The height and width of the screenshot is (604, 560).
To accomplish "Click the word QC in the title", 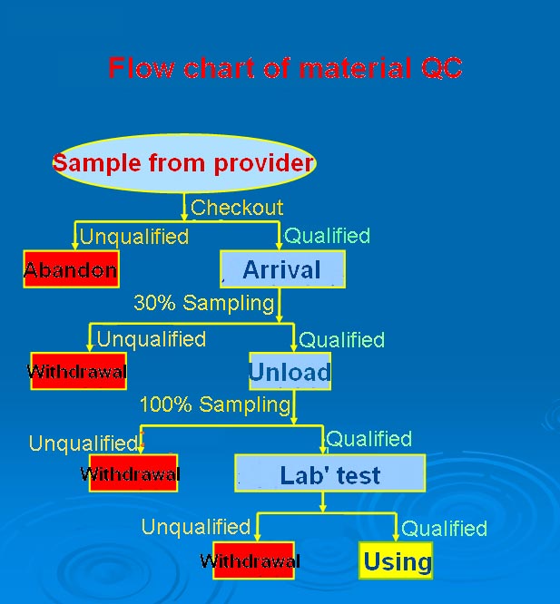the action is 441,68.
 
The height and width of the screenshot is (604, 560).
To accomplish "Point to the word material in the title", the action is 355,68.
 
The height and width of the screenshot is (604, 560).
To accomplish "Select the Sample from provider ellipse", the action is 184,163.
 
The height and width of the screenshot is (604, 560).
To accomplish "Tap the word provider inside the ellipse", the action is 263,164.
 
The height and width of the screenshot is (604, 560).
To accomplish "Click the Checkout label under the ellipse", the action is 237,208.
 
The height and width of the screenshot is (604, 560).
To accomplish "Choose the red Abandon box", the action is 72,269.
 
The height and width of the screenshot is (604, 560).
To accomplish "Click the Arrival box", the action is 282,269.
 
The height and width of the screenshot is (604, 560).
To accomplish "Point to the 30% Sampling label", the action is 204,303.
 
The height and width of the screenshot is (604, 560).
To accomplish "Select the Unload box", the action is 290,371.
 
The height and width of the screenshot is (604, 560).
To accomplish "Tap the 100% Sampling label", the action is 215,404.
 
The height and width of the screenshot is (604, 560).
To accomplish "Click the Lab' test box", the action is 329,473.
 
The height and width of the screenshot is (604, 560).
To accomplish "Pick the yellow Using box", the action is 396,560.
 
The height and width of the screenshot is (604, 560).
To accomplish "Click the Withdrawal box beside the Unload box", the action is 79,371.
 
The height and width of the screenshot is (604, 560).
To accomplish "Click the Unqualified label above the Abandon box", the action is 134,237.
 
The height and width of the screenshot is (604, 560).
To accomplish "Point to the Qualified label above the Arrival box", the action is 328,236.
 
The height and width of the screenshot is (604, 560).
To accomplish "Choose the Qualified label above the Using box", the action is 445,529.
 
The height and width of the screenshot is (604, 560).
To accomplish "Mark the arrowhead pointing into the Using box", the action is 396,538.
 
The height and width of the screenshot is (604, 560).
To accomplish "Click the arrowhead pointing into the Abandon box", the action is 75,246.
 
